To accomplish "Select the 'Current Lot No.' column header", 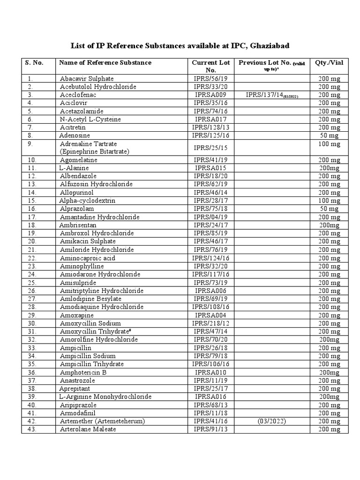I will click(210, 66).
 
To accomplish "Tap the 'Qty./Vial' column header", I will click(330, 62).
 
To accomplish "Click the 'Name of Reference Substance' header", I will click(105, 62).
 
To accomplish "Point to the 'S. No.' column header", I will click(34, 62).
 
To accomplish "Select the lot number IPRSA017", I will click(210, 119).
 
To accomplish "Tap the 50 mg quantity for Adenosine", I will click(330, 135).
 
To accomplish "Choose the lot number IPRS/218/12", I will click(210, 323).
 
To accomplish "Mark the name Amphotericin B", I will click(83, 372).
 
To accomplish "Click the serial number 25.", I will click(31, 282).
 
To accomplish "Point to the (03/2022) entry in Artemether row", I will click(271, 421).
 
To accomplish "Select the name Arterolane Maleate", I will click(88, 429).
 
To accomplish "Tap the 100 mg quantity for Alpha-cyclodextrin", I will click(330, 201).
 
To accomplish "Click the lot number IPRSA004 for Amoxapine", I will click(210, 315).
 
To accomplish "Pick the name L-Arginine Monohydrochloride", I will click(105, 397).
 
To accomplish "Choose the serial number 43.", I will click(31, 429).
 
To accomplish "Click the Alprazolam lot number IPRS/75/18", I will click(210, 209).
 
